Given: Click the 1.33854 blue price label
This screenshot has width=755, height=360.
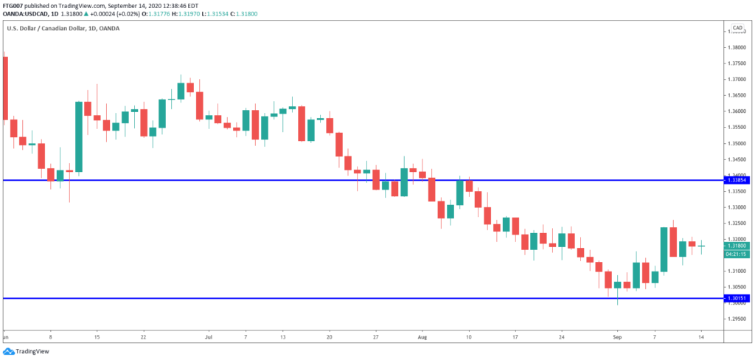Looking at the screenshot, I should click(x=737, y=180).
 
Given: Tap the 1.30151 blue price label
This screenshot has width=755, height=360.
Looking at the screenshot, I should click(x=737, y=298).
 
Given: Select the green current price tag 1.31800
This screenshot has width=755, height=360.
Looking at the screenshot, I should click(x=737, y=246).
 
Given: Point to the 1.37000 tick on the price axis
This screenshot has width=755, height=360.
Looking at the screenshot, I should click(x=738, y=80).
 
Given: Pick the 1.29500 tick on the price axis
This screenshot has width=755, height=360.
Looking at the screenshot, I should click(x=738, y=319).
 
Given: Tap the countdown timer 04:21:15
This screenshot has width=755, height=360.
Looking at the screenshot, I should click(x=737, y=254).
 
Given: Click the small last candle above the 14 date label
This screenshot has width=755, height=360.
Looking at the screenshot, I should click(x=701, y=246).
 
